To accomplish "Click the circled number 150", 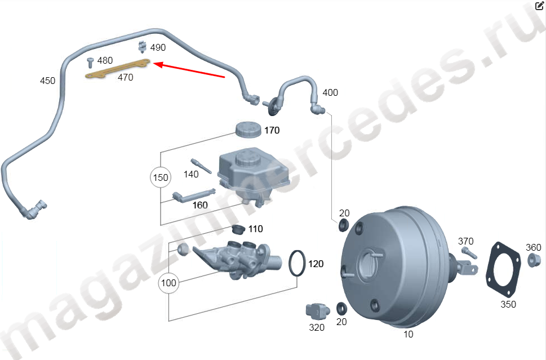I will (161, 178).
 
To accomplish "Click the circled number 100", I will (168, 283).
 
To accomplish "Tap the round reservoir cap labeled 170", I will (248, 129).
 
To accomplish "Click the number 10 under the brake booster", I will (409, 334).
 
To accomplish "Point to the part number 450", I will (47, 81).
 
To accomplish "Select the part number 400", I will (330, 92).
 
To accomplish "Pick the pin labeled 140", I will (201, 167).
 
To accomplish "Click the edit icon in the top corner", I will (539, 6).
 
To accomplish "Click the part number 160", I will (200, 205).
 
